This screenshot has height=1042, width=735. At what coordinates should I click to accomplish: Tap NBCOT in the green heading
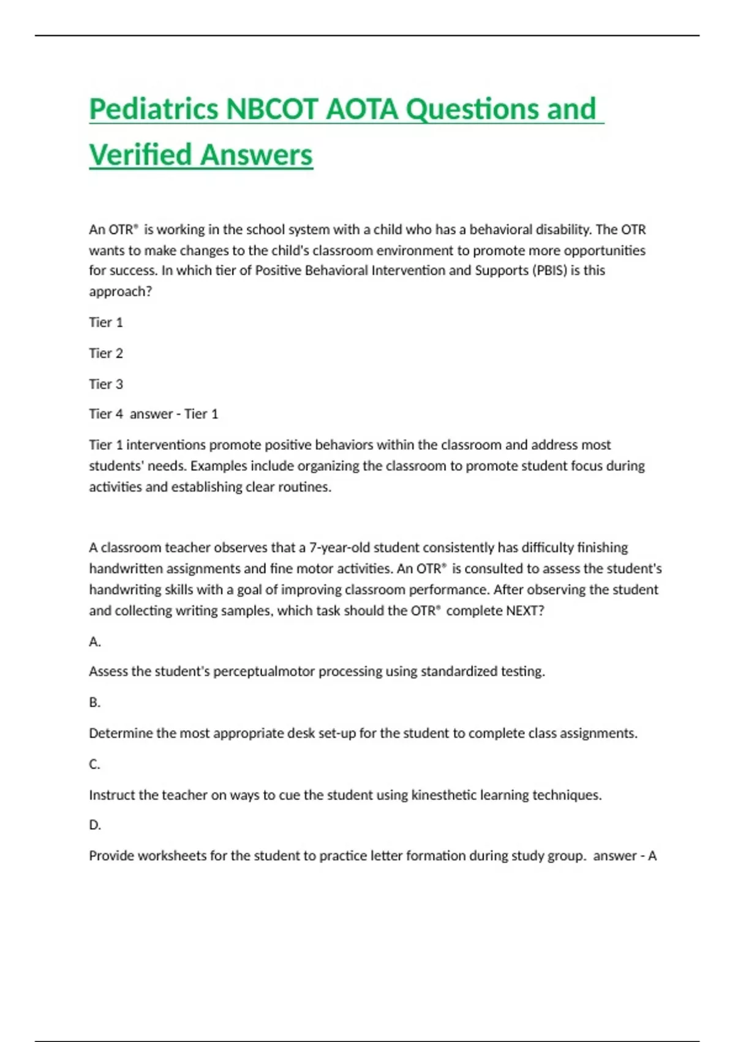(272, 110)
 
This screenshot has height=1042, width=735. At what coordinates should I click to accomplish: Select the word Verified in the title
(141, 155)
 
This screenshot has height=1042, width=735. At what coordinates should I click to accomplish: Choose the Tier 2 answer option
(106, 353)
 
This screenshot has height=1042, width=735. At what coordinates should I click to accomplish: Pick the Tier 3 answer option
(106, 384)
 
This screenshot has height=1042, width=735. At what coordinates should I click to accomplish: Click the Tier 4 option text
(106, 414)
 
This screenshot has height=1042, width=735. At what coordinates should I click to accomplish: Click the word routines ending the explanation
(305, 487)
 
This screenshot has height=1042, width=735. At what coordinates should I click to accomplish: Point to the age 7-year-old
(339, 547)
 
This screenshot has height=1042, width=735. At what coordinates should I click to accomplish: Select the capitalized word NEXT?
(525, 610)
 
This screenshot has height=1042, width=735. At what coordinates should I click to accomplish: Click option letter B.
(94, 702)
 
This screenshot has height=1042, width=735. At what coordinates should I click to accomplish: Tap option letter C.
(94, 764)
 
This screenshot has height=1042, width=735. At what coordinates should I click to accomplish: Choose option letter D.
(94, 825)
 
